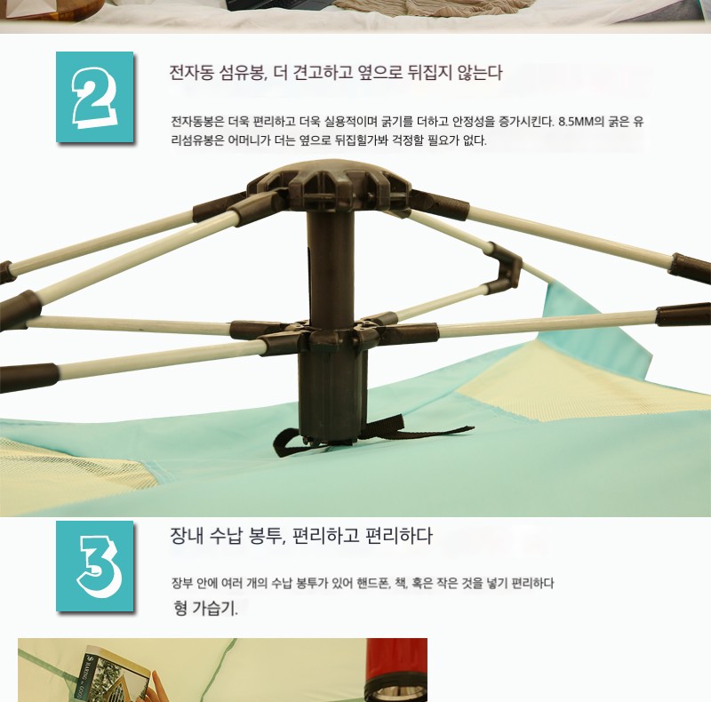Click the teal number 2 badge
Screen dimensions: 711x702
[95, 97]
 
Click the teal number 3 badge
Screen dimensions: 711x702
[95, 566]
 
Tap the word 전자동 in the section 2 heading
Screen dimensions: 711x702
[190, 73]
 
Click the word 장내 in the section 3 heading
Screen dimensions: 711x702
[186, 536]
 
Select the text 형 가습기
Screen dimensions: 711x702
[205, 608]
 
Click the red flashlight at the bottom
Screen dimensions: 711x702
[395, 670]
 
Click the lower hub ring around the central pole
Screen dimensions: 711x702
[333, 334]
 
